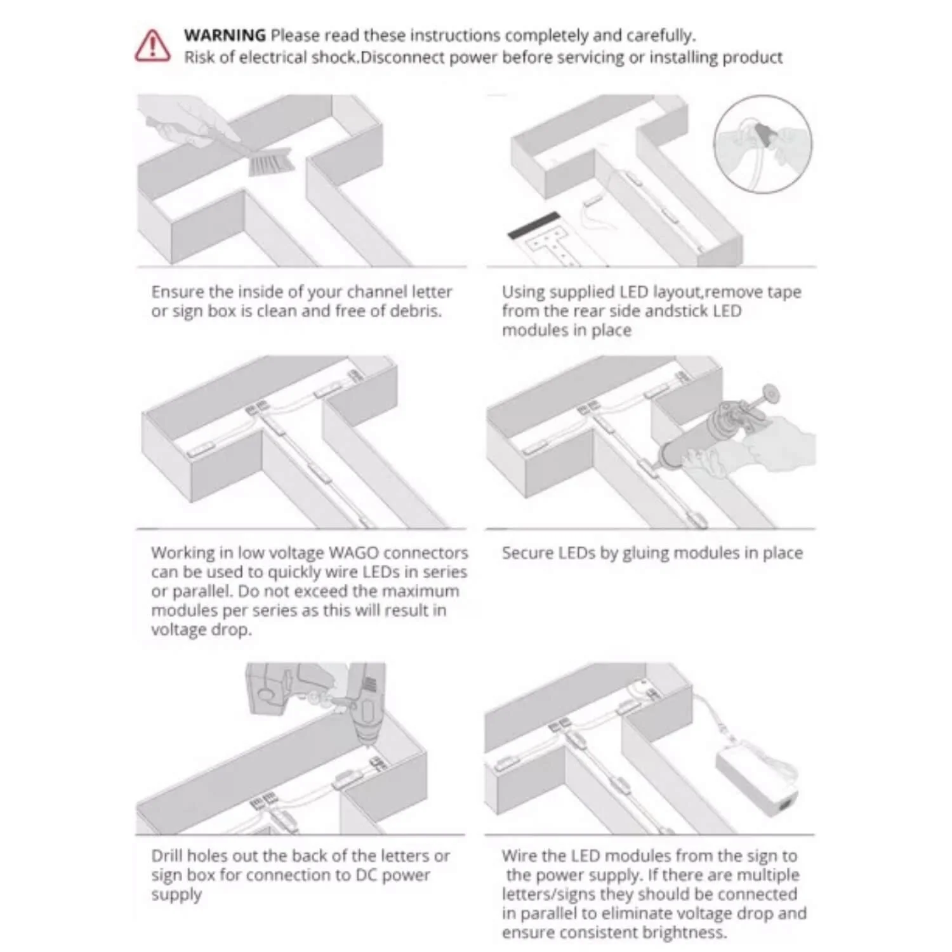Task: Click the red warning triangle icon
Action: tap(152, 46)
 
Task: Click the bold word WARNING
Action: tap(225, 36)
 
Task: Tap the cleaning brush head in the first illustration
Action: tap(271, 161)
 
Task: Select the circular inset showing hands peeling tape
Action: tap(763, 144)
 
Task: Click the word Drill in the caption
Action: tap(167, 856)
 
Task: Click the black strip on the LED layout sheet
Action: tap(534, 225)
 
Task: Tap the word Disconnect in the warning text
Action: tap(397, 58)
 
